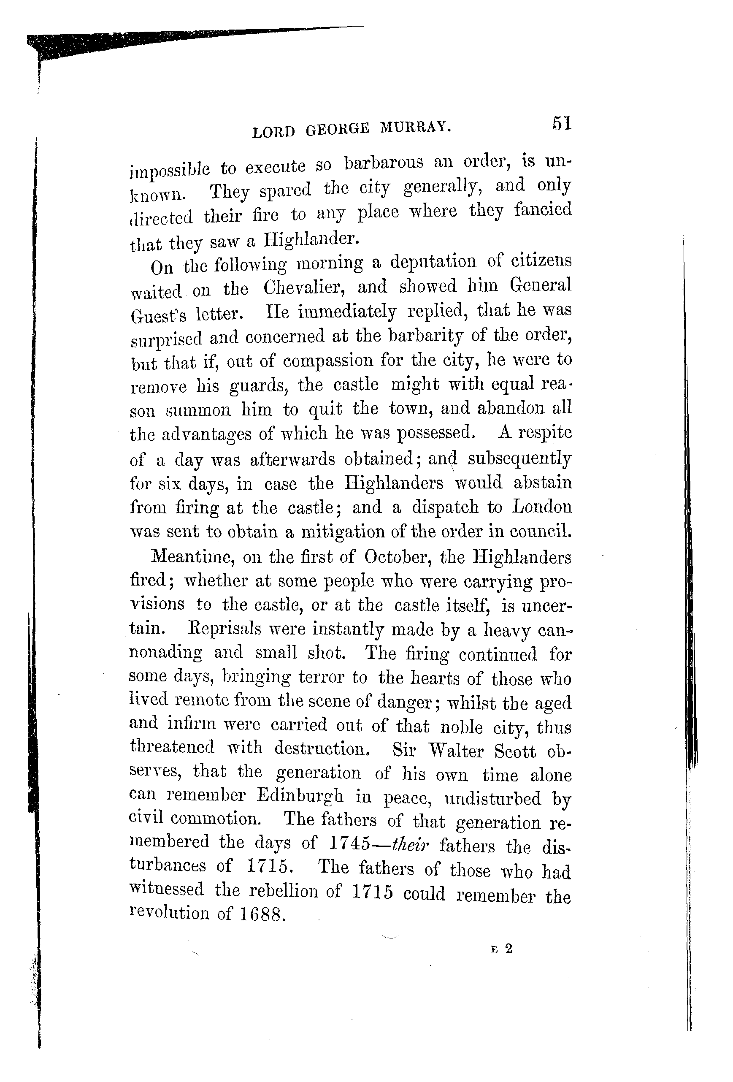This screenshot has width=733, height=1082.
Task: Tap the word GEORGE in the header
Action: click(338, 129)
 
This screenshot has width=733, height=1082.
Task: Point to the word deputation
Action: click(433, 262)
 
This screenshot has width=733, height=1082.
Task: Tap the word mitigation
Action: click(344, 532)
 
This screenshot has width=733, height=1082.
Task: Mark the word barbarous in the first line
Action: click(384, 163)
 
